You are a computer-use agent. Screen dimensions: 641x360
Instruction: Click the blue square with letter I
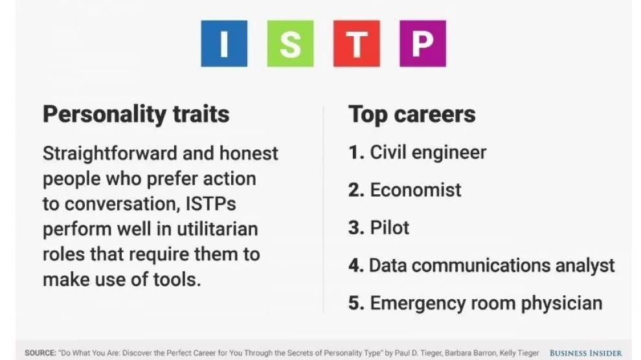coord(224,44)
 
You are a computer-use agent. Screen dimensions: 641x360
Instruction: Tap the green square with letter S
coord(290,44)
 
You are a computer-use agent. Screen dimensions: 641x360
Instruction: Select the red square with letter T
coord(357,44)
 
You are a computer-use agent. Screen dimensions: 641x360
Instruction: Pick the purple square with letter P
coord(423,44)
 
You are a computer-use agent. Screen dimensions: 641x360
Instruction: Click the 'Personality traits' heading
coord(136,115)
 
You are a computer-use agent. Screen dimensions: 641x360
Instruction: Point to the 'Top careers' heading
coord(412,114)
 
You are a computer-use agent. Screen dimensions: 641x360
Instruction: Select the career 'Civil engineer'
coord(428,153)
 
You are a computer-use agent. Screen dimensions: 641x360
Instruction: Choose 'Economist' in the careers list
coord(415,190)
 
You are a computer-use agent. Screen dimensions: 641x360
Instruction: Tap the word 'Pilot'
coord(390,228)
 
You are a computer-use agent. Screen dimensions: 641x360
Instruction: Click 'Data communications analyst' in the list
coord(492,266)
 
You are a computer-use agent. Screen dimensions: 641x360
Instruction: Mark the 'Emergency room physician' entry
coord(486,304)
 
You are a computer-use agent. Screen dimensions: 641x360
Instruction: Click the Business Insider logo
coord(585,353)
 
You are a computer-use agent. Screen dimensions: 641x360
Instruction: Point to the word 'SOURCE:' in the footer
coord(41,353)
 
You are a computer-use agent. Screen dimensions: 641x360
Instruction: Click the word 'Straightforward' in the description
coord(110,154)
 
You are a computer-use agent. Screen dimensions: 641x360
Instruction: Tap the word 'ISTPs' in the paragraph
coord(211,204)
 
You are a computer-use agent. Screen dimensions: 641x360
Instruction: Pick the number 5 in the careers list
coord(356,304)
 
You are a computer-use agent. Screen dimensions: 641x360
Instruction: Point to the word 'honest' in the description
coord(249,154)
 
